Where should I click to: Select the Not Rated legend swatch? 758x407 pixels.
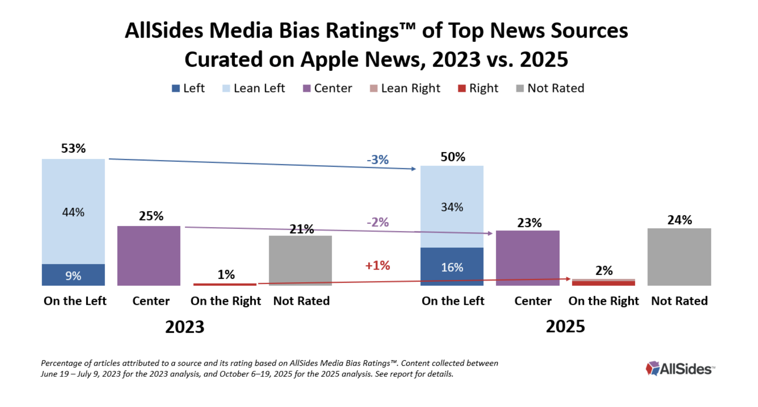point(520,88)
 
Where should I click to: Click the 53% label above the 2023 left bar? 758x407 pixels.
point(73,148)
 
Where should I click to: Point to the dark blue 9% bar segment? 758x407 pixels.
point(73,275)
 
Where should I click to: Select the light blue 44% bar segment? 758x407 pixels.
point(73,212)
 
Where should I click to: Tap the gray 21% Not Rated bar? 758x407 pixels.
point(300,261)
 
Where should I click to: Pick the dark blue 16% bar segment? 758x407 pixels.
point(452,267)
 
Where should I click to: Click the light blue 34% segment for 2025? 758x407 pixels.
point(452,207)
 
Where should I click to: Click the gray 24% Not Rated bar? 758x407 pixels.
point(679,257)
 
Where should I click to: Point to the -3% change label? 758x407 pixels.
point(377,160)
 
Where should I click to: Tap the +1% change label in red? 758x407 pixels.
point(377,265)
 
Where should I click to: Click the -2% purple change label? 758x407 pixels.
point(377,222)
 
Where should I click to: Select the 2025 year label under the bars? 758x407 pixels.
point(565,326)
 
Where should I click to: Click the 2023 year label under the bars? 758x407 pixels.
point(184,327)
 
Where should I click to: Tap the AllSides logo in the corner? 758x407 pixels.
point(680,369)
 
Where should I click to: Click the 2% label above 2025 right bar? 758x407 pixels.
point(604,270)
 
